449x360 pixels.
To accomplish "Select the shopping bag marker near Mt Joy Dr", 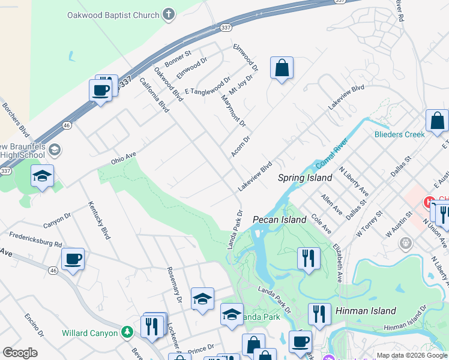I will tap(282, 69).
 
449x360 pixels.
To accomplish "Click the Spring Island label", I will tap(305, 178).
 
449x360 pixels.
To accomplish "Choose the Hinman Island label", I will tap(366, 311).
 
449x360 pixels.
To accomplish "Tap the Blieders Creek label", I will tap(400, 134).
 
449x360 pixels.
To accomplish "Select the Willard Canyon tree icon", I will tap(127, 332).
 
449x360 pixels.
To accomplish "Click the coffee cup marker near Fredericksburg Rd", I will tap(73, 260).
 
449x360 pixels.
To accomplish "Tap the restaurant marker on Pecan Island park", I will tap(309, 259).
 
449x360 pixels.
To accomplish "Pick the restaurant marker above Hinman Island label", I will tap(319, 314).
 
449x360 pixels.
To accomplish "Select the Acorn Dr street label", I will tap(240, 146).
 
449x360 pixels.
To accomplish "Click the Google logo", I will tap(20, 353).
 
